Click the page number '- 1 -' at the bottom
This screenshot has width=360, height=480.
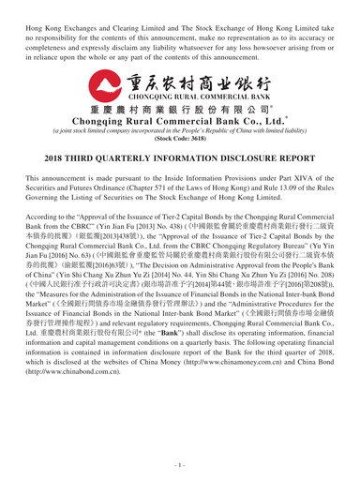pyautogui.click(x=179, y=462)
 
